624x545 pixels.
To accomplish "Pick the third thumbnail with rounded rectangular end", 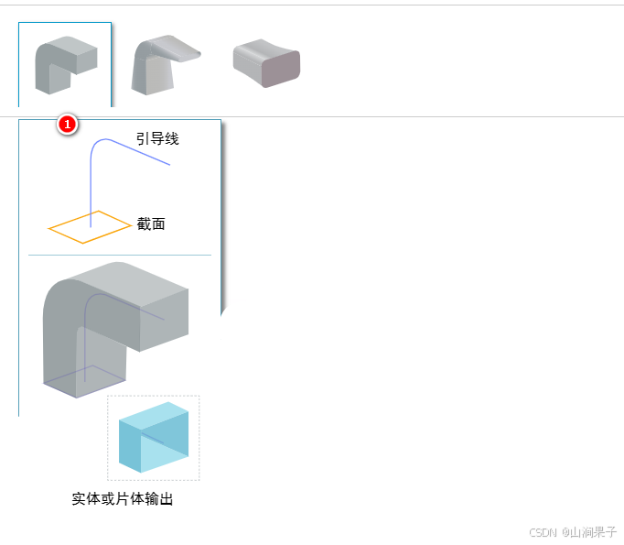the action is click(x=266, y=63).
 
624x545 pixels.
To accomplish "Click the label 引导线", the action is click(x=157, y=139).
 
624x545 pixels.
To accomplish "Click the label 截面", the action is click(x=151, y=223).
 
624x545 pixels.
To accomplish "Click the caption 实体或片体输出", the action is click(x=123, y=499).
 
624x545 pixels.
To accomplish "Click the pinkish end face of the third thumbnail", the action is click(x=282, y=69).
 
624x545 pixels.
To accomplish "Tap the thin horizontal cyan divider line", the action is click(x=119, y=255).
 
